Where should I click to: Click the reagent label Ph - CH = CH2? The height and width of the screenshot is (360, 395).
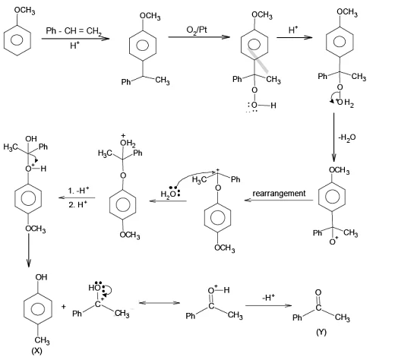[74, 31]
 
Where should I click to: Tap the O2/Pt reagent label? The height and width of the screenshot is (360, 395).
[197, 30]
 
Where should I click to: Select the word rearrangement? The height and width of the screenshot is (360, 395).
[279, 194]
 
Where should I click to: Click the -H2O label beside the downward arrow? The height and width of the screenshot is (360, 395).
[347, 137]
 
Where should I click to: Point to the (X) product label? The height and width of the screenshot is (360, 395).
[36, 351]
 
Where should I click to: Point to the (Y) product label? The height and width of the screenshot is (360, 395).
[321, 332]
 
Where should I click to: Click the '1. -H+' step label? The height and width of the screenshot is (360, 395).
[78, 190]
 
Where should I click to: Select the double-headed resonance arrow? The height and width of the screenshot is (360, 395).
[160, 302]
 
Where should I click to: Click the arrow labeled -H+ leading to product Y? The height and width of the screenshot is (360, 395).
[269, 305]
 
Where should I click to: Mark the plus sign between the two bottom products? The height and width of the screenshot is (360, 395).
[64, 307]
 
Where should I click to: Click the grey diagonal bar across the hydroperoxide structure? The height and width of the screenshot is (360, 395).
[258, 60]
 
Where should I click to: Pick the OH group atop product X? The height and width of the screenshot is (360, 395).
[41, 277]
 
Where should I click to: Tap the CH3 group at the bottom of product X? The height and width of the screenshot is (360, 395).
[42, 340]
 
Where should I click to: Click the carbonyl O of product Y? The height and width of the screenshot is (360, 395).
[318, 292]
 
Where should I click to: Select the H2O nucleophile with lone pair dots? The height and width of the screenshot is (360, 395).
[170, 193]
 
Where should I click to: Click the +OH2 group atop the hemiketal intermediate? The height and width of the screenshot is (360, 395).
[128, 142]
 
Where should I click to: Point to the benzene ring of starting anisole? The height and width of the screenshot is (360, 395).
[17, 40]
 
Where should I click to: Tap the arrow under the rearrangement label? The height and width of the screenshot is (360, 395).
[279, 201]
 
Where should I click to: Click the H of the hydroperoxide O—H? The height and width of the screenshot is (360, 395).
[273, 106]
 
